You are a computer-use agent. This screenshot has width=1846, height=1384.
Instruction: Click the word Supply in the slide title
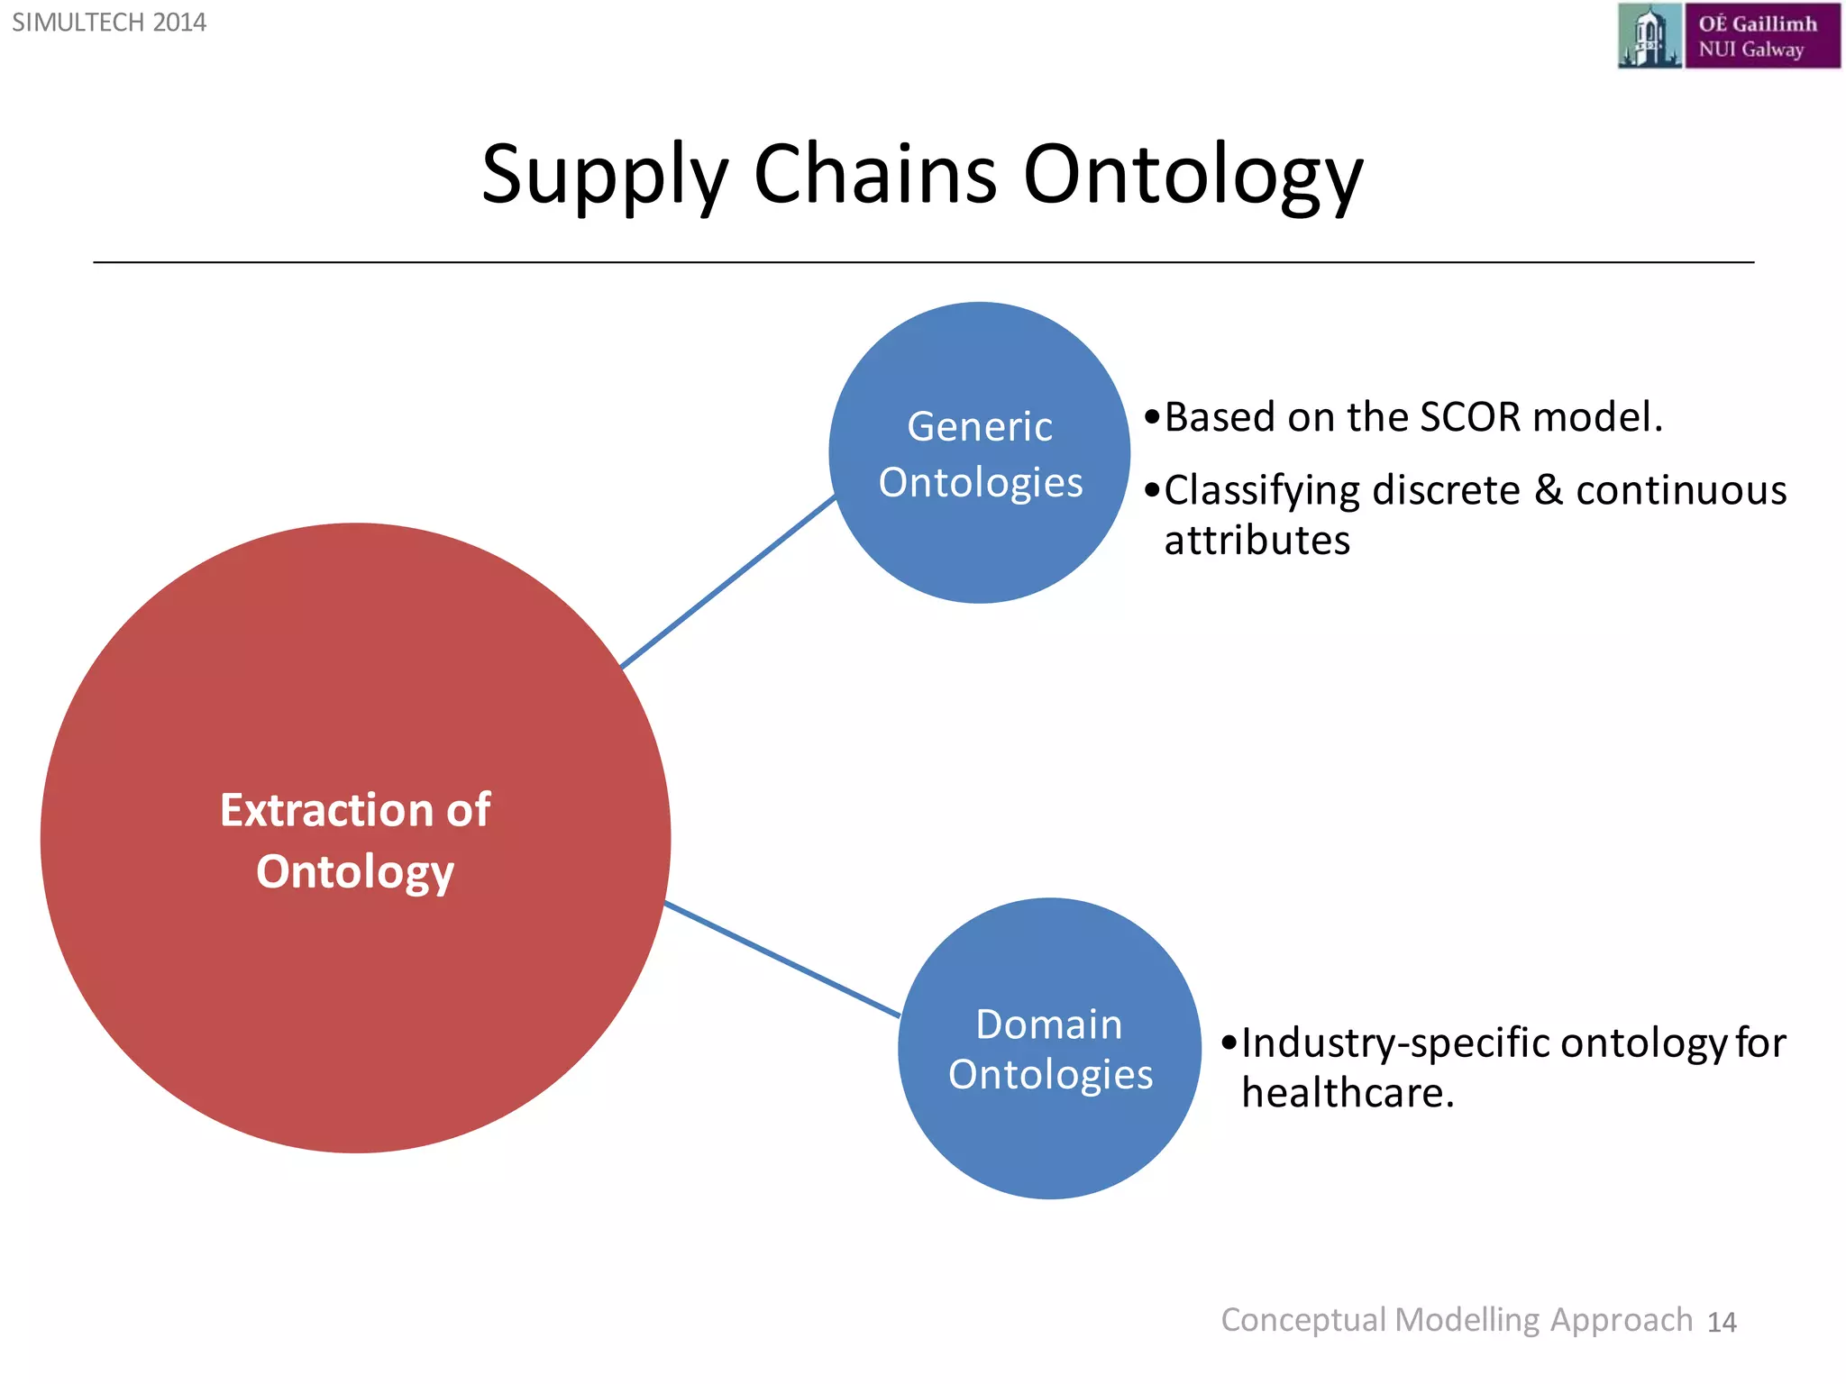604,176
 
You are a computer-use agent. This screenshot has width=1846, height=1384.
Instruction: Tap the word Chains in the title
874,173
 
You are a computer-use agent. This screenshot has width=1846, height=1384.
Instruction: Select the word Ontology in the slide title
1193,176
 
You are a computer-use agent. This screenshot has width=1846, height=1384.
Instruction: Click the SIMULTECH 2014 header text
109,23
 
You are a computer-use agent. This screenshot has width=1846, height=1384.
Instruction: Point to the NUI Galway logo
1728,36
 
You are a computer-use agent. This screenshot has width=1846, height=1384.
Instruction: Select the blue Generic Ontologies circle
980,453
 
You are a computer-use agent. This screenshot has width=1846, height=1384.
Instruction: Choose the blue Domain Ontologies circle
1050,1048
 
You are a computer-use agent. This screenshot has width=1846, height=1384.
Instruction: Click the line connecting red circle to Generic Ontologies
728,582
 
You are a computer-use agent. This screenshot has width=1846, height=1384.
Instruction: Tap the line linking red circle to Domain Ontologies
782,960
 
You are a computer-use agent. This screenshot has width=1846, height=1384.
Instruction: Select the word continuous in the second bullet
1681,490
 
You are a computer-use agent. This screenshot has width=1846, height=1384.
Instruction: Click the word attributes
1257,541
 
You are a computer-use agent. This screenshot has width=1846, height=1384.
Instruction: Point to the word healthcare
1348,1093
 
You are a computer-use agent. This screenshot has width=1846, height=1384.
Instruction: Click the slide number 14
1722,1322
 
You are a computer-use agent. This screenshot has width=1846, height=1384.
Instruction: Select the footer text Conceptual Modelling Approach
1457,1320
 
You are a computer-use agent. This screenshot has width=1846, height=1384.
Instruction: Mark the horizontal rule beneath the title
923,262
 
